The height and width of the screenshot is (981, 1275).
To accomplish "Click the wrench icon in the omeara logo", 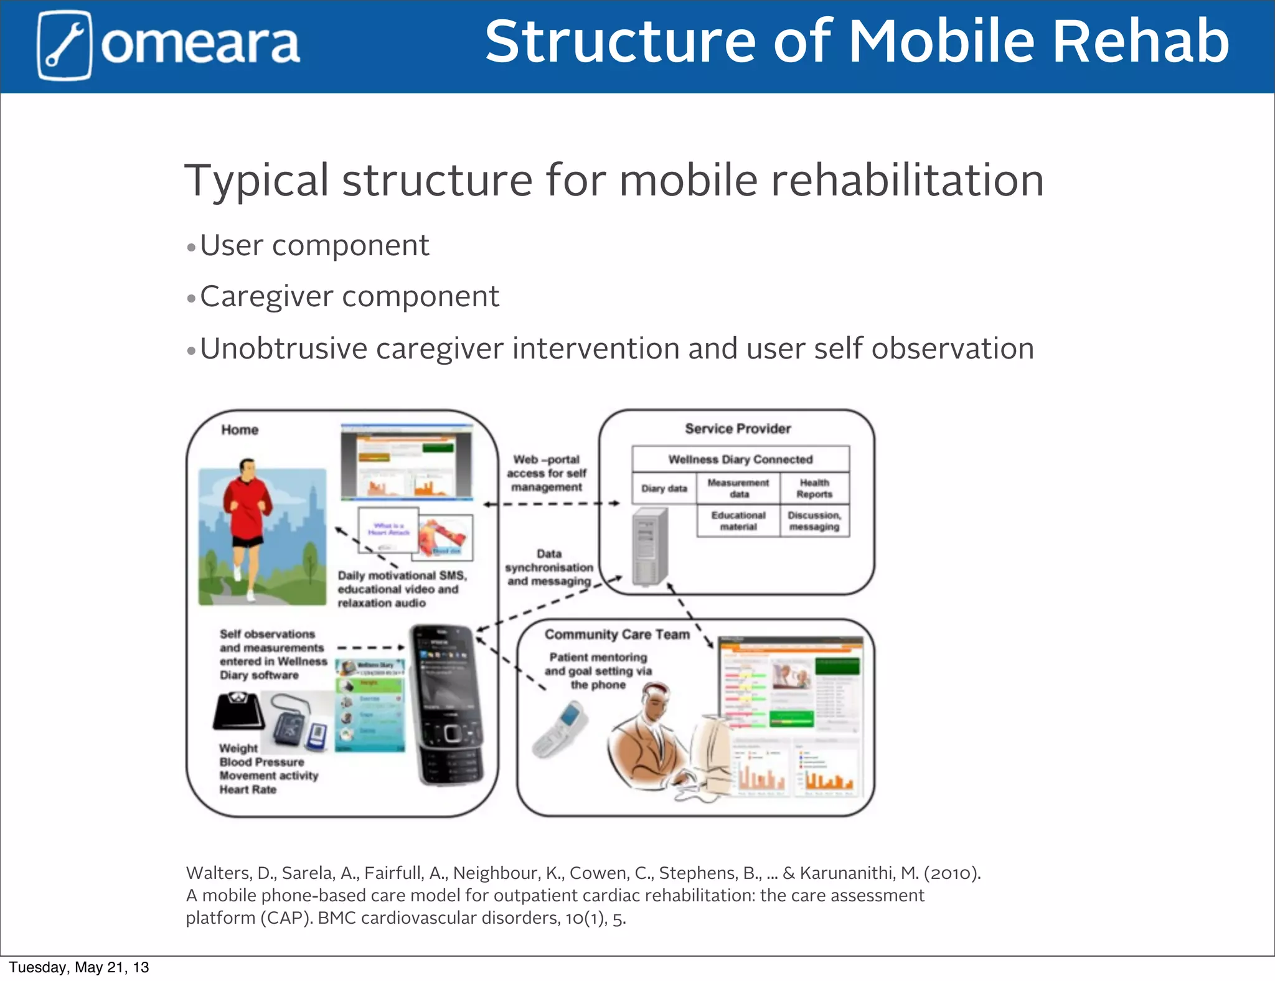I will pyautogui.click(x=64, y=45).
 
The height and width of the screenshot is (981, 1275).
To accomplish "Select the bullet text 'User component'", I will pyautogui.click(x=314, y=245).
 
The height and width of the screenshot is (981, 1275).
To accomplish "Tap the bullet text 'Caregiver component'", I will pyautogui.click(x=349, y=296).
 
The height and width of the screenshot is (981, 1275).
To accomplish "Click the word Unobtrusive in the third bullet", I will pyautogui.click(x=283, y=349).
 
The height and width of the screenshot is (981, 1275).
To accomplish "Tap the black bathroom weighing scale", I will pyautogui.click(x=238, y=711).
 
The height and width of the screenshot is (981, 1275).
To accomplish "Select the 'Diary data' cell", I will pyautogui.click(x=664, y=489).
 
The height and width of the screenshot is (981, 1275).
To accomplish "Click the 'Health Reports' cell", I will pyautogui.click(x=814, y=489).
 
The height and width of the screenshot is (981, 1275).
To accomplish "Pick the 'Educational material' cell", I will pyautogui.click(x=738, y=521).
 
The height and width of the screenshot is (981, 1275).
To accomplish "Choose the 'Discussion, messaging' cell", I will pyautogui.click(x=814, y=521).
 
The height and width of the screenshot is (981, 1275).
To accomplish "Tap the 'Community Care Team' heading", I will pyautogui.click(x=617, y=634).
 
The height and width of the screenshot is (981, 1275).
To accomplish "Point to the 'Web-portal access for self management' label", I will pyautogui.click(x=547, y=473).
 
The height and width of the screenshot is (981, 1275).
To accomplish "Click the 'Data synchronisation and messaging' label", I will pyautogui.click(x=548, y=567).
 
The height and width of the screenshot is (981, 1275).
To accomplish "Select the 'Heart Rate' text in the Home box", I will pyautogui.click(x=248, y=789).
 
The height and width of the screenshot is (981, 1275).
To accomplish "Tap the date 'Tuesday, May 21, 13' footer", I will pyautogui.click(x=79, y=967).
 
